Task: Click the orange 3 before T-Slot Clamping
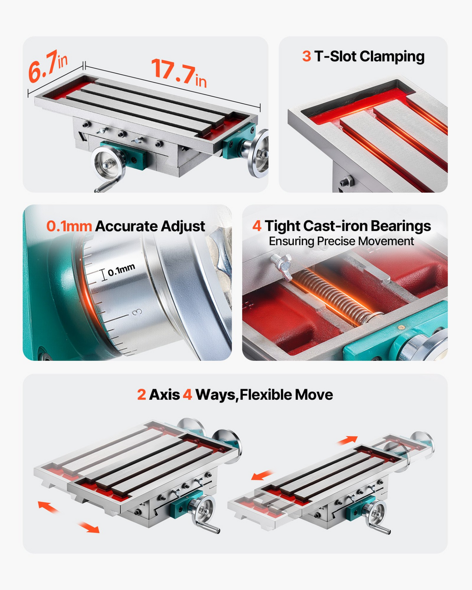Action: pyautogui.click(x=307, y=56)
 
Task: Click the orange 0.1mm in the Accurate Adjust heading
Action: pyautogui.click(x=69, y=226)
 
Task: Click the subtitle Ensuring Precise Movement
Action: pyautogui.click(x=341, y=241)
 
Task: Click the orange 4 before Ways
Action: pyautogui.click(x=187, y=395)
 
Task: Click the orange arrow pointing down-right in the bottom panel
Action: pyautogui.click(x=88, y=527)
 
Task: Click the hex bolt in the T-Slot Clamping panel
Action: pyautogui.click(x=347, y=181)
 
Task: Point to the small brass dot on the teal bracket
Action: pyautogui.click(x=401, y=327)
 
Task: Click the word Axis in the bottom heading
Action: pyautogui.click(x=165, y=395)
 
